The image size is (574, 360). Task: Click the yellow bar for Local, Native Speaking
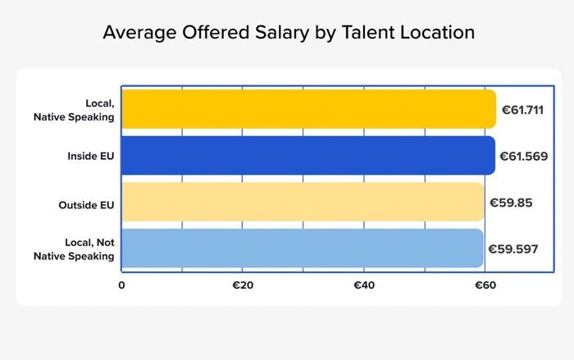coord(308,109)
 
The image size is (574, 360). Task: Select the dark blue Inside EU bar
coord(308,156)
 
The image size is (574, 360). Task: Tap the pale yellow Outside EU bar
coord(303,203)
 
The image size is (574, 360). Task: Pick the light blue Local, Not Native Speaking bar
coord(303,248)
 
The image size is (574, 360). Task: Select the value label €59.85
coord(511,203)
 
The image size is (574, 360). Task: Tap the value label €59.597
coord(513,248)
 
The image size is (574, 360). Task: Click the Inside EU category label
coord(91,156)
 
